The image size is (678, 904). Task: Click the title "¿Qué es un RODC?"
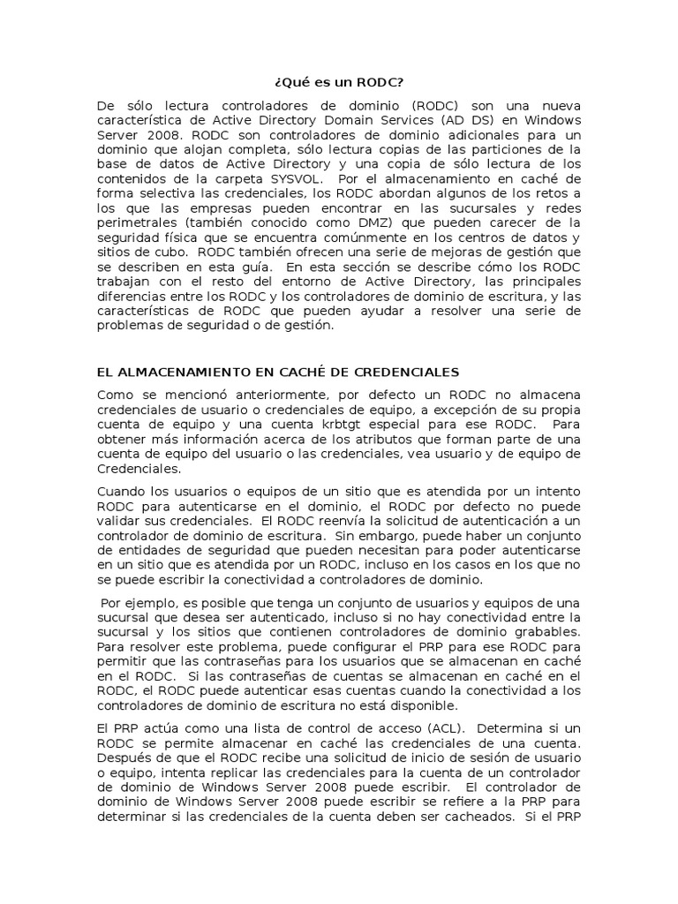(339, 83)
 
